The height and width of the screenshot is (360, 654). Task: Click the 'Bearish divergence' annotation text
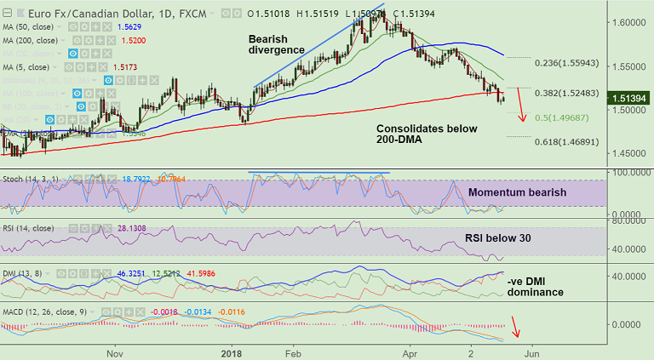276,44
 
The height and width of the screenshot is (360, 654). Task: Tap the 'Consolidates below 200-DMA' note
427,136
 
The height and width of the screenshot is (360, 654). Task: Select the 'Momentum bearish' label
517,192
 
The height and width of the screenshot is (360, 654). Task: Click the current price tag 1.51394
629,99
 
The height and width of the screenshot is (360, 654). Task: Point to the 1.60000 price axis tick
627,22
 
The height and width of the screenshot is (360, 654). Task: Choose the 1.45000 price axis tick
627,153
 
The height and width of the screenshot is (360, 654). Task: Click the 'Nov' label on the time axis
116,351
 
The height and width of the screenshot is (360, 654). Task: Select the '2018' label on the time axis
232,351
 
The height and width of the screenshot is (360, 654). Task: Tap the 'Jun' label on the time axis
530,351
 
